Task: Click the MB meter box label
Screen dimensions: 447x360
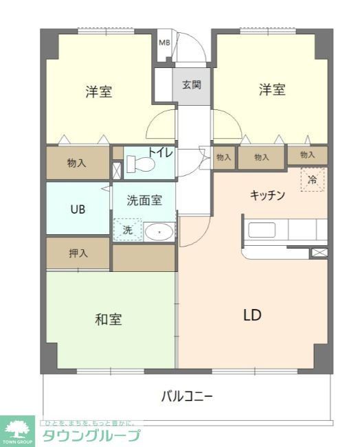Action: pyautogui.click(x=164, y=43)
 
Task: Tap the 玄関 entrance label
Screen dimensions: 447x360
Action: pyautogui.click(x=192, y=85)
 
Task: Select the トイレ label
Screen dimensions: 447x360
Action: pyautogui.click(x=161, y=154)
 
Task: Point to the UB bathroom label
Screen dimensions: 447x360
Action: pyautogui.click(x=78, y=209)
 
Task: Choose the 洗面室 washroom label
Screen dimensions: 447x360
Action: pyautogui.click(x=144, y=200)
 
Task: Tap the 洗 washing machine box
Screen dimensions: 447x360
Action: pyautogui.click(x=127, y=230)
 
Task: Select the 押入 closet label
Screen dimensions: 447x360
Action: pyautogui.click(x=78, y=253)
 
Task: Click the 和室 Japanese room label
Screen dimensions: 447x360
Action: pyautogui.click(x=108, y=319)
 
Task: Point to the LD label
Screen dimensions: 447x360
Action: pyautogui.click(x=251, y=315)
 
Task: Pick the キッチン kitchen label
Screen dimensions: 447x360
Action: pyautogui.click(x=267, y=194)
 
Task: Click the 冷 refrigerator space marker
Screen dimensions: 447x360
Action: pyautogui.click(x=312, y=181)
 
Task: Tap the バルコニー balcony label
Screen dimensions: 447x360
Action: pyautogui.click(x=187, y=396)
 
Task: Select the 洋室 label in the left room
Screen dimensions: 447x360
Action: pyautogui.click(x=99, y=91)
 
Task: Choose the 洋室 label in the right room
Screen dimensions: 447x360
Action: pyautogui.click(x=272, y=89)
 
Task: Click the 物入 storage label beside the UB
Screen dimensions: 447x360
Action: pyautogui.click(x=76, y=163)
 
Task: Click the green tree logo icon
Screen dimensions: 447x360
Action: pyautogui.click(x=17, y=428)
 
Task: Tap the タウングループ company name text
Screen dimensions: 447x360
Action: pyautogui.click(x=91, y=435)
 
